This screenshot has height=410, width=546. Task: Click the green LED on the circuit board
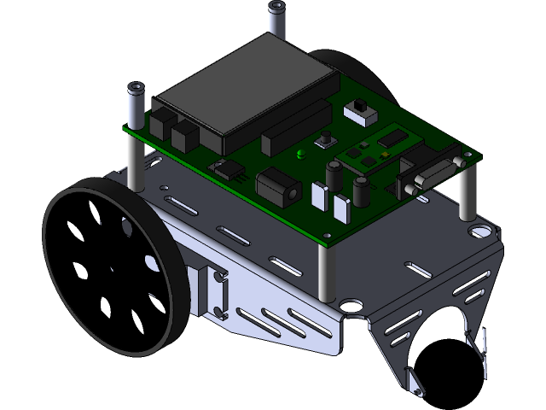point(300,155)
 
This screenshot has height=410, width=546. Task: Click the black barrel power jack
point(277,185)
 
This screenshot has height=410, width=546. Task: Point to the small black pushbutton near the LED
point(326,140)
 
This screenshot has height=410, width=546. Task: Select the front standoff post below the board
point(324,269)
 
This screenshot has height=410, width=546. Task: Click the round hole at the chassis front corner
point(349,303)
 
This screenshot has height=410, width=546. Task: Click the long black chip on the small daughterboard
point(395,137)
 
